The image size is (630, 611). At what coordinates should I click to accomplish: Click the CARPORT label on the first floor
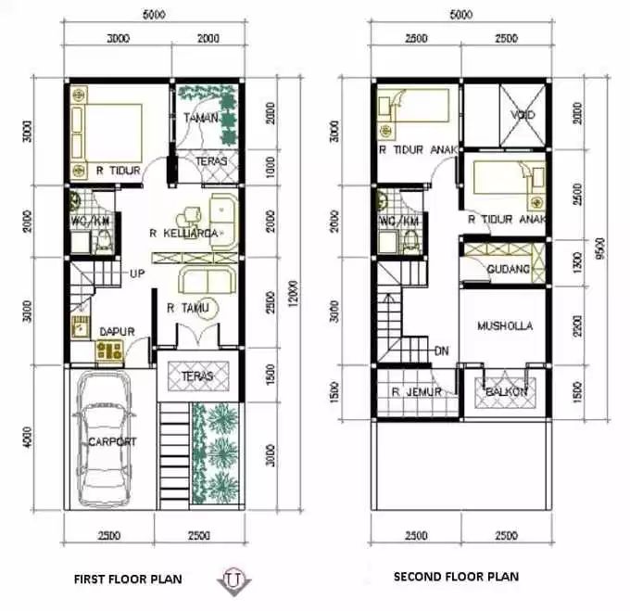tap(112, 442)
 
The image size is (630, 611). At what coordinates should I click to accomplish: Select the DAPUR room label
tap(119, 328)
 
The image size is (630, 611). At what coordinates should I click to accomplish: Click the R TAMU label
tap(187, 308)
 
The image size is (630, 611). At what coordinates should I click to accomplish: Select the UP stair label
tap(137, 274)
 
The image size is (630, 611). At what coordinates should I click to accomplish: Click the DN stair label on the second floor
tap(442, 350)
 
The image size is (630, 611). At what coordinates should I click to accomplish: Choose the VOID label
tap(523, 116)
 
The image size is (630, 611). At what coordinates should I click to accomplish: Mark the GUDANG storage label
tap(508, 269)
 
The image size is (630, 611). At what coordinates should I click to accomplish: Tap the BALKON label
tap(505, 392)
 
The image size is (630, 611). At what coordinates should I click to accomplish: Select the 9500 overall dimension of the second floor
tap(600, 248)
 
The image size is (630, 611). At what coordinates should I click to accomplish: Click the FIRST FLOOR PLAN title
tap(127, 579)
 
